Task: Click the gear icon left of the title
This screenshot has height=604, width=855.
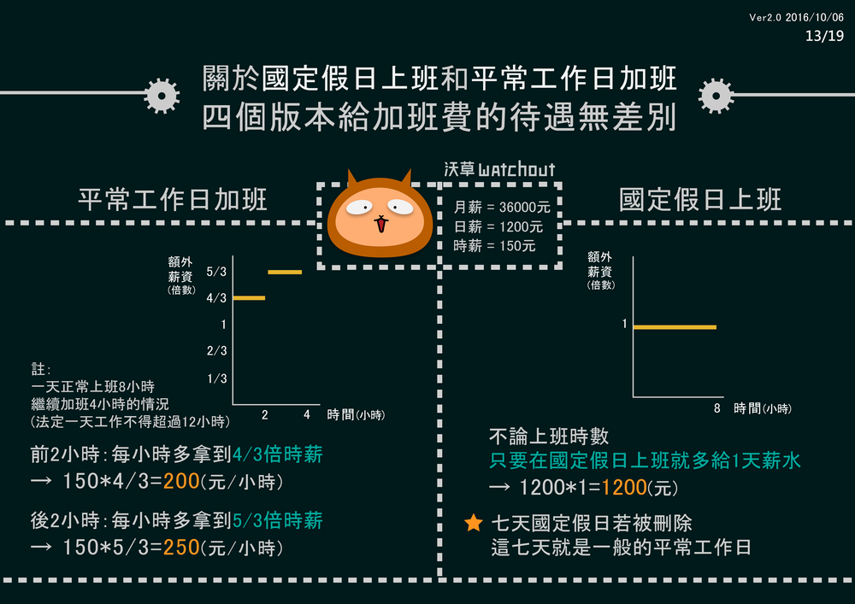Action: [162, 95]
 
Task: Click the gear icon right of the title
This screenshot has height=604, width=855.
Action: [716, 96]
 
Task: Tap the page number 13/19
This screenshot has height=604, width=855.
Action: [824, 36]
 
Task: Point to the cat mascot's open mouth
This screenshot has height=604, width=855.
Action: [380, 226]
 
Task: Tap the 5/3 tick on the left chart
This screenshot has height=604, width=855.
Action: [216, 272]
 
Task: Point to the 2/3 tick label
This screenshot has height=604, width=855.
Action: [216, 351]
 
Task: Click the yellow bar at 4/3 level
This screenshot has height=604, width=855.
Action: [249, 298]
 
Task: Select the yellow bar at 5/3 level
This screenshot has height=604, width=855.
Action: [285, 272]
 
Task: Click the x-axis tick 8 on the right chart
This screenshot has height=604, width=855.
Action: [716, 408]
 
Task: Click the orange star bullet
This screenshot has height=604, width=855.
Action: [473, 523]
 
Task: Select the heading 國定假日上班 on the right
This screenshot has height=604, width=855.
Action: [700, 200]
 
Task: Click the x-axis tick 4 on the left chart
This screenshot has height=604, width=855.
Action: [306, 415]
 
